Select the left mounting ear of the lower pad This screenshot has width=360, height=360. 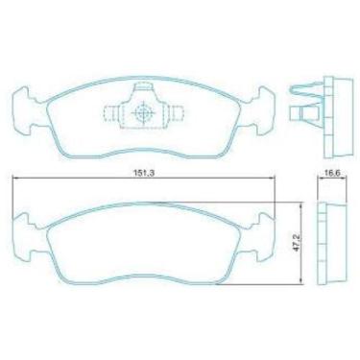21,228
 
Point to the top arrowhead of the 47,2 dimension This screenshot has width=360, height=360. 303,204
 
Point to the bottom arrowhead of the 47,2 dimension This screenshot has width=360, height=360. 303,284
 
